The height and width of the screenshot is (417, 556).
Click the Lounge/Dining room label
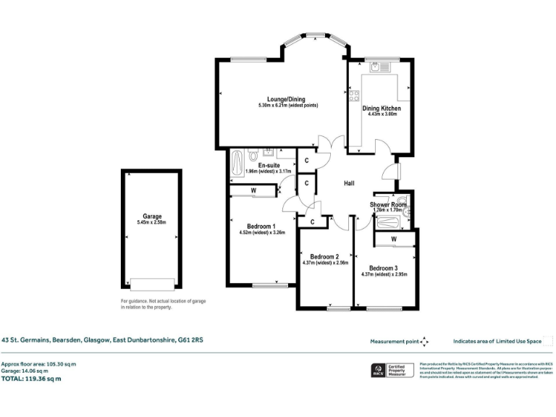pos(286,99)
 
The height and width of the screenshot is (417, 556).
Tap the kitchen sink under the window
pos(377,68)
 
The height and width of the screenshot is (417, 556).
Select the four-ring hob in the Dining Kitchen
pos(354,94)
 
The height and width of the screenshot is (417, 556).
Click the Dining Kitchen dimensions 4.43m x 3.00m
pos(382,114)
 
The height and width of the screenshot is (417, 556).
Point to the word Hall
pos(349,183)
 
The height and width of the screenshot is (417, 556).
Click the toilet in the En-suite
pos(253,156)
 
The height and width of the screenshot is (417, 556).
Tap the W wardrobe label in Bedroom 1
pos(253,191)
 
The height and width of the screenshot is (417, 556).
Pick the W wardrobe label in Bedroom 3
pos(394,239)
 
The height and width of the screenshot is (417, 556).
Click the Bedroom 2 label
pos(324,256)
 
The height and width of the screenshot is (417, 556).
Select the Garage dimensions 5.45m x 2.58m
pos(151,222)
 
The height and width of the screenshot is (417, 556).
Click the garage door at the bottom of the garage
pos(152,284)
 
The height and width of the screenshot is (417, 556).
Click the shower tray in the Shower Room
pos(389,222)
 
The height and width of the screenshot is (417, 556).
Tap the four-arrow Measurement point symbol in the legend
pos(425,341)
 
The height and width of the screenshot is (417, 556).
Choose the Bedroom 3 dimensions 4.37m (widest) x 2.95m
pos(384,275)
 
